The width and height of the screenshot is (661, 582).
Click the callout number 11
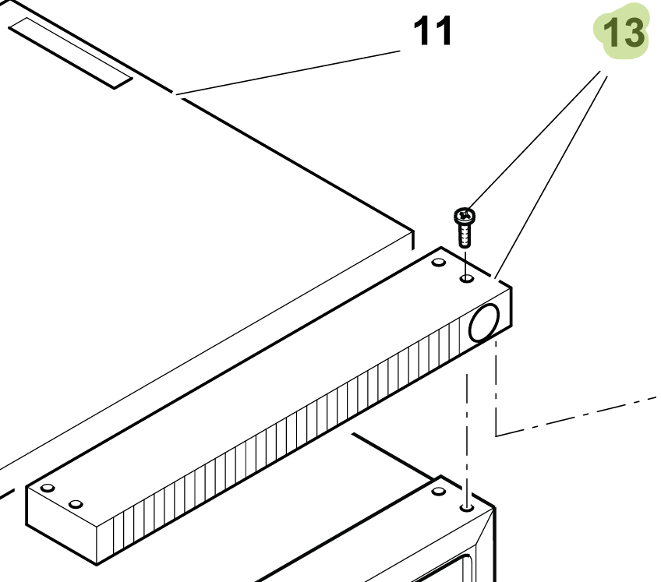coord(433,30)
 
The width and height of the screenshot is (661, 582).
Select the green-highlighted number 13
coord(624,33)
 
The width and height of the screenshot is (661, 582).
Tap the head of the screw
coord(465,216)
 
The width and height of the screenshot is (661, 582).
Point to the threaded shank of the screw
coord(464,235)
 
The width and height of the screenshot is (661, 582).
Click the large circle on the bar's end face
coord(484,322)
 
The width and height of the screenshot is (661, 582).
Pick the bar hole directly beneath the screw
coord(467,278)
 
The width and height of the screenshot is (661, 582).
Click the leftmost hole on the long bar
coord(48,488)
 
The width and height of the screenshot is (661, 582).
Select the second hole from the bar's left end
coord(76,504)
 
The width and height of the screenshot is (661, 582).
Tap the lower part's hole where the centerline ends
coord(467,507)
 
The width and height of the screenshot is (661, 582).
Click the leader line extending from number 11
coord(288,72)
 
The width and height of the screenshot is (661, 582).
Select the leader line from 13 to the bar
coord(551,177)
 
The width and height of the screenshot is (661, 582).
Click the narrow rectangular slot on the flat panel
coord(70,53)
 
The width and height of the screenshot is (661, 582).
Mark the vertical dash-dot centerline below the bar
coord(467,436)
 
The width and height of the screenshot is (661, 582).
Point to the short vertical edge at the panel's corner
coord(412,240)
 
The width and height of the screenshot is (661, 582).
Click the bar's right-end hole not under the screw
coord(439,262)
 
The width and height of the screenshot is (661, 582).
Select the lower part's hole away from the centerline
coord(439,492)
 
